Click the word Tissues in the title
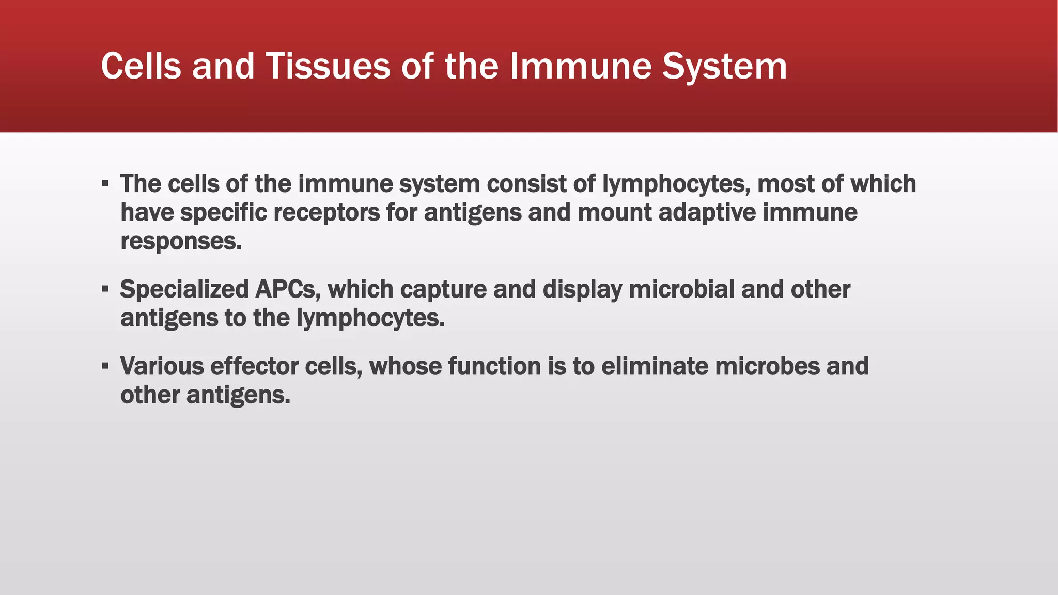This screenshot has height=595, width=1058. coord(328,66)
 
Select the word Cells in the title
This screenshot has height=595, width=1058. coord(141,66)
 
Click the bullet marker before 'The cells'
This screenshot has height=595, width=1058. coord(105,183)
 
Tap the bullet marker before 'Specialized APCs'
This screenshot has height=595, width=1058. coord(105,288)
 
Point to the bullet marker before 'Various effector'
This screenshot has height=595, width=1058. coord(105,366)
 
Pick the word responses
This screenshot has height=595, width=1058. coord(181,241)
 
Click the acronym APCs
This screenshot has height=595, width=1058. coord(288,289)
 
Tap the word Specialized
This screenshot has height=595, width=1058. coord(184,289)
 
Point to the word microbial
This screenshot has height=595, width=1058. coord(681,289)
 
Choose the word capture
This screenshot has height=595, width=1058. coord(443,289)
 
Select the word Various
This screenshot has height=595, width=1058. coord(162,366)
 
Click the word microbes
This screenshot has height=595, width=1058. coord(767,366)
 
